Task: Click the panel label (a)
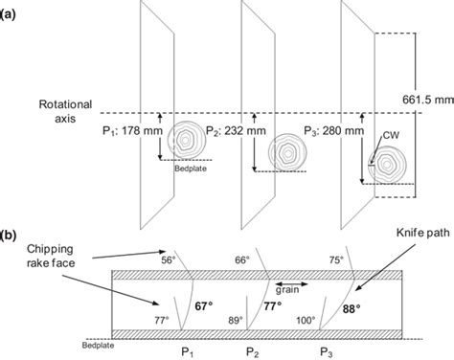pyautogui.click(x=8, y=15)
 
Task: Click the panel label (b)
pyautogui.click(x=8, y=236)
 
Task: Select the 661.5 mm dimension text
pyautogui.click(x=428, y=100)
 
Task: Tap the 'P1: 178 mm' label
pyautogui.click(x=132, y=130)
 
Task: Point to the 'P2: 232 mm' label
pyautogui.click(x=236, y=130)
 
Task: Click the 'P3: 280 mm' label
pyautogui.click(x=333, y=130)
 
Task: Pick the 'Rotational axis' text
pyautogui.click(x=65, y=111)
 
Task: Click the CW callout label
pyautogui.click(x=391, y=135)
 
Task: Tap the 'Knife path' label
pyautogui.click(x=422, y=233)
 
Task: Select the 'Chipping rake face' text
pyautogui.click(x=51, y=256)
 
